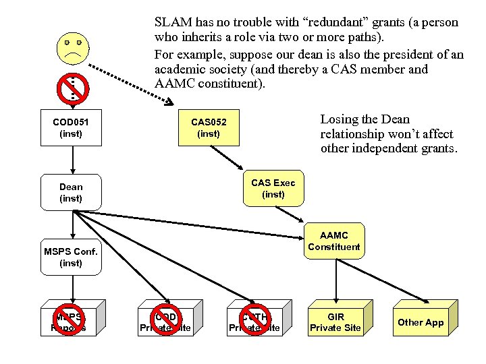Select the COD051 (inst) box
(x=71, y=127)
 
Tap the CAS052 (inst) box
(x=209, y=127)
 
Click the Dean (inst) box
(x=71, y=192)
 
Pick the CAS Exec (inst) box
(x=273, y=188)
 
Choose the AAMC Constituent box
(x=333, y=241)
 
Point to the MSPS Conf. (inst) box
(x=71, y=257)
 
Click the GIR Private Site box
(x=335, y=322)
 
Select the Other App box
(x=421, y=322)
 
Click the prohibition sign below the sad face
(x=72, y=88)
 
